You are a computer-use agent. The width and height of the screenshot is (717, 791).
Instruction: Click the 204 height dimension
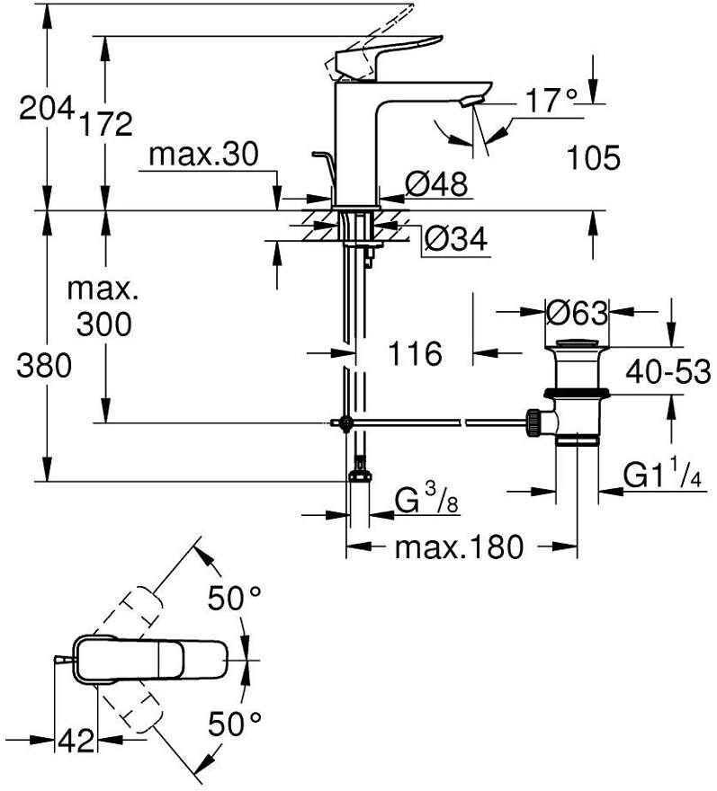pos(47,109)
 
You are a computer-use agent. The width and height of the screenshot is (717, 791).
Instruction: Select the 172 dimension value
pos(106,124)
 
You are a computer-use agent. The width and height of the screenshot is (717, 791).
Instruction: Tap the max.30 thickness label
pos(204,155)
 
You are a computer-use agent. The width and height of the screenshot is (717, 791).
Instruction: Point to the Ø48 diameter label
pos(436,183)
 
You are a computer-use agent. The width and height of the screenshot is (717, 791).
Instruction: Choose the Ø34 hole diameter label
pos(455,238)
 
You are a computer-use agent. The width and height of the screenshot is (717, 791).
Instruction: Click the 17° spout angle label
pos(551,101)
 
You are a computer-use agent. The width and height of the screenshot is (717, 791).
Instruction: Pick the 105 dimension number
pos(593,157)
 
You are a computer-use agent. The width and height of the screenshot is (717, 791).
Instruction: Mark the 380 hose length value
pos(44,366)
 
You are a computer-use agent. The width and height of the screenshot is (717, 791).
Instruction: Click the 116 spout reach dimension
pos(415,353)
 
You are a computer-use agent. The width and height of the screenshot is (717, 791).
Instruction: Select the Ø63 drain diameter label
pos(578,314)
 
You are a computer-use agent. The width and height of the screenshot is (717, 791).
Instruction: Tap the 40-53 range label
pos(668,371)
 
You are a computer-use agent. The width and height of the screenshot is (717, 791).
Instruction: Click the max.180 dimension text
pos(459,547)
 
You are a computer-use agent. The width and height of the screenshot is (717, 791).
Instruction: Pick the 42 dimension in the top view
pos(76,740)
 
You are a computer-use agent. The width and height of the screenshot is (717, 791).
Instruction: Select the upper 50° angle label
pos(235,599)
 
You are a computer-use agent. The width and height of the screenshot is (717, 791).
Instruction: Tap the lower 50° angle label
pos(235,724)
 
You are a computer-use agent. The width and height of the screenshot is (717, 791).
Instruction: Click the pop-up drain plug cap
pos(578,343)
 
